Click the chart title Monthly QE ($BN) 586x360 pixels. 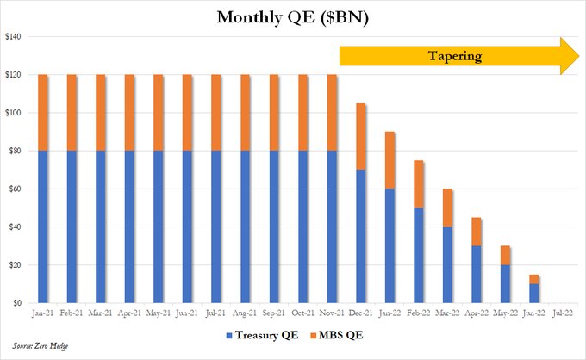292,17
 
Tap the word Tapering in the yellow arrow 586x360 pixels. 454,57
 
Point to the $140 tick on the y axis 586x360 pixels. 14,37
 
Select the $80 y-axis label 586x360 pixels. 16,151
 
